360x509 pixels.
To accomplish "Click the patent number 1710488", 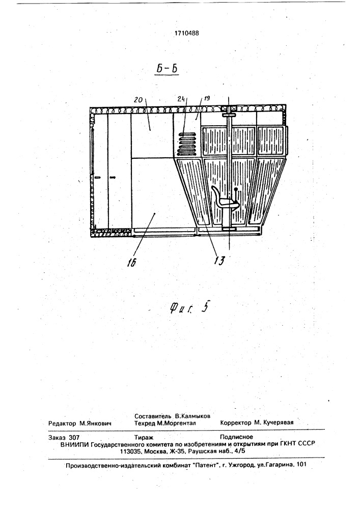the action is (x=187, y=33).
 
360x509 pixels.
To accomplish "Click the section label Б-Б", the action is (x=167, y=69).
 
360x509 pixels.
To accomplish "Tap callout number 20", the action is (x=138, y=100).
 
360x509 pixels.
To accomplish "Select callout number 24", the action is (x=182, y=99).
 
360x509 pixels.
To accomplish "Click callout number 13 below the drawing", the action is (x=219, y=261).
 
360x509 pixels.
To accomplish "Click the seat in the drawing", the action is (x=225, y=197).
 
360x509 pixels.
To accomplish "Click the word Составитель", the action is (x=153, y=416).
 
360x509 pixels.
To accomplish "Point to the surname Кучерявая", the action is (x=278, y=422).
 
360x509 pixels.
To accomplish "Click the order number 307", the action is (x=74, y=437).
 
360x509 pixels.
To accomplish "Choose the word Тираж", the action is (x=144, y=437).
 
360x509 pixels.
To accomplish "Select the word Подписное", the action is (x=236, y=437).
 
